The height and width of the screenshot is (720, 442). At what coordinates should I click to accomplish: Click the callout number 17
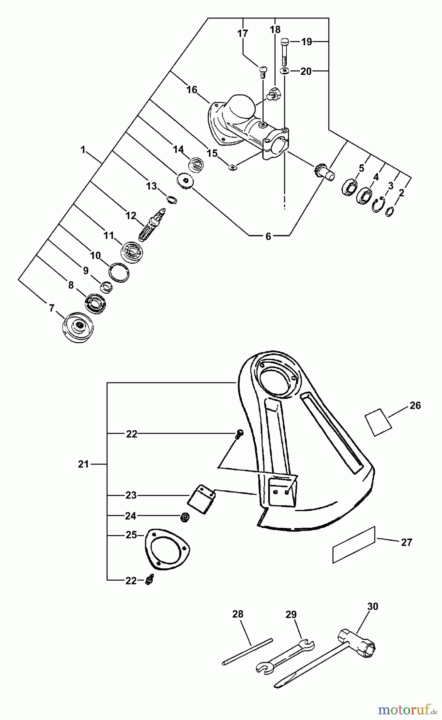click(243, 34)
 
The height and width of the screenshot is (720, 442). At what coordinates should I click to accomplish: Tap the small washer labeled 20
click(284, 71)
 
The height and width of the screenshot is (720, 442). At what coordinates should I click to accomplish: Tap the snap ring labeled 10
click(120, 273)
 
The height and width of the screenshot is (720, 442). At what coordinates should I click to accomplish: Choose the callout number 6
click(268, 237)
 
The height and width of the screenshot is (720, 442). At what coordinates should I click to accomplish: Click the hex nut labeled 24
click(185, 517)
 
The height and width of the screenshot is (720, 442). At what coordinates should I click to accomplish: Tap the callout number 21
click(83, 464)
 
